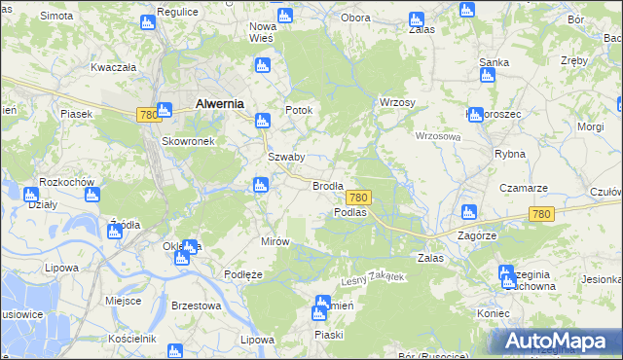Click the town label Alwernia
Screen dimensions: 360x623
point(219,102)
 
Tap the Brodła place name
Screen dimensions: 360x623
point(326,185)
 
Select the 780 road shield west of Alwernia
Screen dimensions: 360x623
point(148,115)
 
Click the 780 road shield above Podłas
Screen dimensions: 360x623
point(357,198)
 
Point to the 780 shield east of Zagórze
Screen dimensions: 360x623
point(542,214)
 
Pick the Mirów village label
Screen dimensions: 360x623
point(275,241)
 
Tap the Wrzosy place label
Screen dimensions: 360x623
point(397,102)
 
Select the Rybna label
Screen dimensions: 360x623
point(510,154)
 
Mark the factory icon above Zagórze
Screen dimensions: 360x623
point(468,212)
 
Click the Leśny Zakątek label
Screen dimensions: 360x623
point(372,279)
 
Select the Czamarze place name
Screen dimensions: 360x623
point(524,188)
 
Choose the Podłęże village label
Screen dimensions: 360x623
point(243,275)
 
